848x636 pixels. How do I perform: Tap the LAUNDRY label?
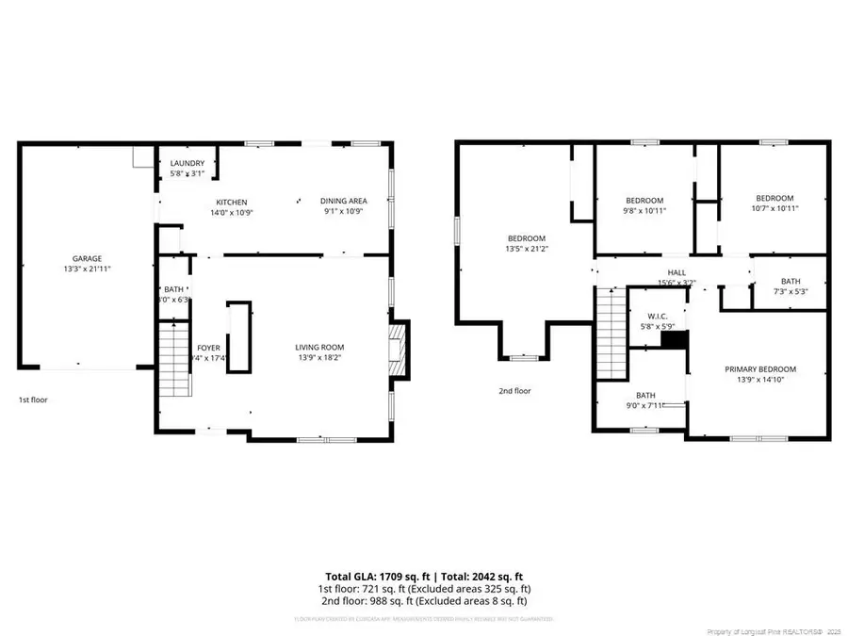[187, 163]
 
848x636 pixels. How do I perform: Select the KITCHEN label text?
[232, 203]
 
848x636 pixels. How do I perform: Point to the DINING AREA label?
[343, 201]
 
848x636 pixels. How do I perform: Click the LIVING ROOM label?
[320, 347]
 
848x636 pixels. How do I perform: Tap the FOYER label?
[208, 348]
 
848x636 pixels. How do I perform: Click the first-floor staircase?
[173, 360]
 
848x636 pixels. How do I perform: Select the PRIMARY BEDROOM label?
[759, 369]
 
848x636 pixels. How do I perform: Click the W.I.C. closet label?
[657, 317]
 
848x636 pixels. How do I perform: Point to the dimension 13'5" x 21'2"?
[527, 251]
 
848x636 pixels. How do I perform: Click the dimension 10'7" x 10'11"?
[775, 209]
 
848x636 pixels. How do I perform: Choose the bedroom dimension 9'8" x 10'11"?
[644, 212]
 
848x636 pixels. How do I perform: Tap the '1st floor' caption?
[33, 400]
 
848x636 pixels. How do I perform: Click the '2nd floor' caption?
[515, 391]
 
